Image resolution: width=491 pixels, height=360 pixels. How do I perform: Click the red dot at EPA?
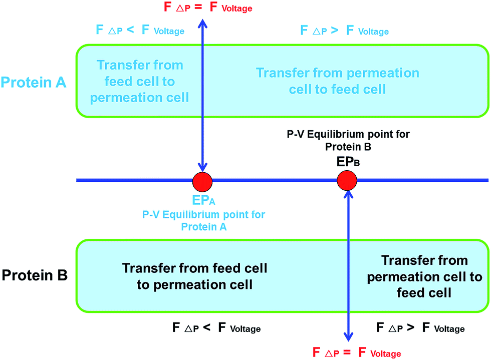[202, 182]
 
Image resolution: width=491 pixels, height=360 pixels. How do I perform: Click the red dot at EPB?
[347, 180]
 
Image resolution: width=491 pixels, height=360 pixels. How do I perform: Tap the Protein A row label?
[34, 82]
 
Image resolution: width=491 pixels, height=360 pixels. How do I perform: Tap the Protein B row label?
[35, 275]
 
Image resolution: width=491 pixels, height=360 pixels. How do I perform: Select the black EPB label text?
[348, 162]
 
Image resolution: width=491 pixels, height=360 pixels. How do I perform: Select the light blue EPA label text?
[203, 200]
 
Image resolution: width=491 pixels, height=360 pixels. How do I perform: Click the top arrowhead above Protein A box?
[202, 24]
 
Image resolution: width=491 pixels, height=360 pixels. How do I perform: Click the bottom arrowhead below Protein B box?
[349, 337]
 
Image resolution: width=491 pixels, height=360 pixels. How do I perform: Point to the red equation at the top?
[208, 7]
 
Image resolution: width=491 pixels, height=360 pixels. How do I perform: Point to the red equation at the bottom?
[357, 352]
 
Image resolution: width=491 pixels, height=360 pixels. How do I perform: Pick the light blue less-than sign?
[130, 30]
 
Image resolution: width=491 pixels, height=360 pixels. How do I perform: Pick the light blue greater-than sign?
[335, 31]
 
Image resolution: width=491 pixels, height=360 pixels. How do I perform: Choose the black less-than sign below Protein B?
[206, 327]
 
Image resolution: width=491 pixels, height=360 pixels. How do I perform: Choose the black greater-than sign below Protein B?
[410, 327]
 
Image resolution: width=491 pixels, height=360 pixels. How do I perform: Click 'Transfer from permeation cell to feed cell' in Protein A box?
[338, 81]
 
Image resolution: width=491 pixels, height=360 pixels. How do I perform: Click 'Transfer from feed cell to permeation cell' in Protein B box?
[194, 276]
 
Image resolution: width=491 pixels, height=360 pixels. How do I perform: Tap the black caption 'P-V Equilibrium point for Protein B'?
[348, 140]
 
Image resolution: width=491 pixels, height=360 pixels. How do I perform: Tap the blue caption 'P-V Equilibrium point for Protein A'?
[203, 220]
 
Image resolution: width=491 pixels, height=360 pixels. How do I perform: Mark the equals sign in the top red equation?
[198, 7]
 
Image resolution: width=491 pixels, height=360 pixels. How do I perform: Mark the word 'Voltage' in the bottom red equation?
[385, 353]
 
